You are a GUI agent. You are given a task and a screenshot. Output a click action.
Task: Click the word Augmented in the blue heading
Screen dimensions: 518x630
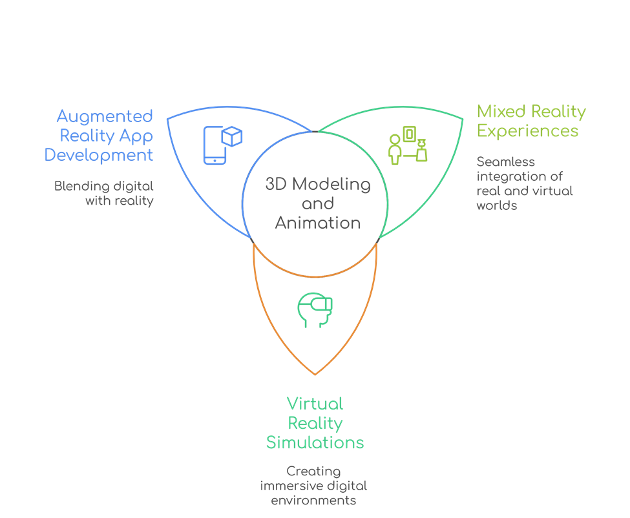point(105,117)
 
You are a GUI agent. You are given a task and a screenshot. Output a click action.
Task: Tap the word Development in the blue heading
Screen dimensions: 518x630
point(100,156)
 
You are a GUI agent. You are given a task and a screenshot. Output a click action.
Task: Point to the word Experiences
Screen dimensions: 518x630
point(527,131)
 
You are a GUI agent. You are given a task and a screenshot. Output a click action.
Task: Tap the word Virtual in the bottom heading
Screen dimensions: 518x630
point(315,404)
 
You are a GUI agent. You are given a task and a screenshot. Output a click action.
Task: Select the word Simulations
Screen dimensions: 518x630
point(315,443)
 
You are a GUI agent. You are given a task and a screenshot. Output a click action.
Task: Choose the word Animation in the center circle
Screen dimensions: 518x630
point(317,223)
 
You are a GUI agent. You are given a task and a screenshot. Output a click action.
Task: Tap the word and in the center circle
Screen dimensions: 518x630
point(317,204)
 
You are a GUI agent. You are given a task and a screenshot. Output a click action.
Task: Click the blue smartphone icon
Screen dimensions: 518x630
point(215,145)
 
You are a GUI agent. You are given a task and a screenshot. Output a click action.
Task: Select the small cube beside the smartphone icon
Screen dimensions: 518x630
point(231,136)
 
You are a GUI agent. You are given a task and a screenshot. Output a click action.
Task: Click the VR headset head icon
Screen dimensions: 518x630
point(315,309)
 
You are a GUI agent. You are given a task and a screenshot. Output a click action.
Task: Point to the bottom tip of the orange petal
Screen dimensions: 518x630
point(315,374)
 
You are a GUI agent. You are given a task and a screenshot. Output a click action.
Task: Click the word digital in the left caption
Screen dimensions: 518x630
point(133,186)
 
